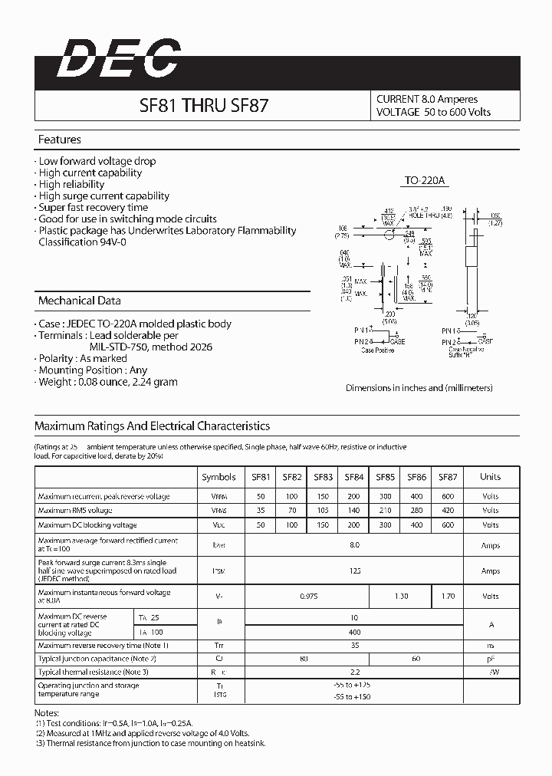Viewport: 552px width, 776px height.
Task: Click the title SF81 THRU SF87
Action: point(203,107)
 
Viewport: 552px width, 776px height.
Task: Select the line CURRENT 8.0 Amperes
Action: point(427,99)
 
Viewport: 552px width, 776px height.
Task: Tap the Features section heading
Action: point(60,140)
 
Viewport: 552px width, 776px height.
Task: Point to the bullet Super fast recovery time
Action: point(94,207)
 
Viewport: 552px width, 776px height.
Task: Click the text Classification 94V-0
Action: point(83,242)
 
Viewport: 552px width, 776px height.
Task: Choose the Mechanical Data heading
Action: point(79,301)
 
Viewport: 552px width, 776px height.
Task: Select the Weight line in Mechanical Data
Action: point(108,381)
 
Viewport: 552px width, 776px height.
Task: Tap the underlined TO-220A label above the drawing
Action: point(425,181)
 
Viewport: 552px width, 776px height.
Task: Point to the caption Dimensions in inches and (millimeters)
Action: point(419,388)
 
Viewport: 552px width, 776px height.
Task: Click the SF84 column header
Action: point(353,477)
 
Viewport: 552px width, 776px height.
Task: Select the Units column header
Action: point(490,477)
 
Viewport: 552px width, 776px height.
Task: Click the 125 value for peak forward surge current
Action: point(353,571)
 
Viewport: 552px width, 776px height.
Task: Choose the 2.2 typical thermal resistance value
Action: point(353,672)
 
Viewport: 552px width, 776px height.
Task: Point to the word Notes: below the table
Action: point(48,712)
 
